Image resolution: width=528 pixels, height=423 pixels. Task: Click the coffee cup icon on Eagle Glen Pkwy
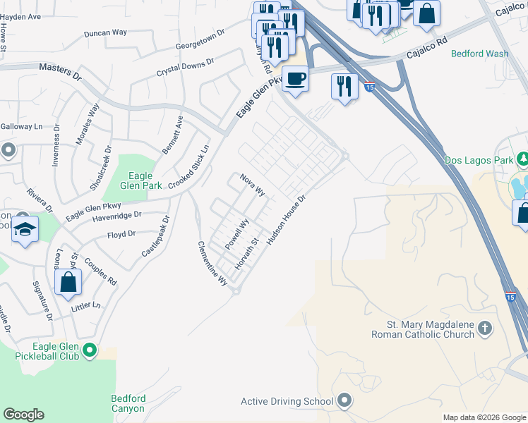[x=294, y=78]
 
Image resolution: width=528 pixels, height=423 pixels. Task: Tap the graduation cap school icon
[x=25, y=229]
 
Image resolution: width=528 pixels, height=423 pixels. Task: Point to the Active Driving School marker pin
[x=344, y=401]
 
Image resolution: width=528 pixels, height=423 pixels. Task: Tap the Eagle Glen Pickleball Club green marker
[x=89, y=349]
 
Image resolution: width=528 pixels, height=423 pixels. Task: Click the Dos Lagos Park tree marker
[x=523, y=159]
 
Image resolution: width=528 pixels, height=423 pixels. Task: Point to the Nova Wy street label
[x=252, y=185]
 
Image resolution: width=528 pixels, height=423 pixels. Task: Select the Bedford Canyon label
[x=128, y=403]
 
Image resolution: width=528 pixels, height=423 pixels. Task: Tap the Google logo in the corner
[x=23, y=415]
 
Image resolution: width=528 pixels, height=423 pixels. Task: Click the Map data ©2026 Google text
[x=484, y=417]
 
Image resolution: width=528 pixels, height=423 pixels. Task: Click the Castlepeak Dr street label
[x=156, y=237]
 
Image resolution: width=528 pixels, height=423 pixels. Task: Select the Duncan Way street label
[x=105, y=32]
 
